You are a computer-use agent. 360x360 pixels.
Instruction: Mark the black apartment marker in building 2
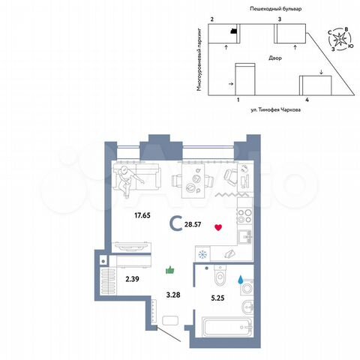234,31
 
